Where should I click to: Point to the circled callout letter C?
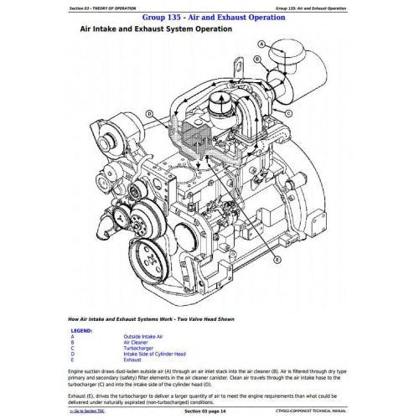click(150, 111)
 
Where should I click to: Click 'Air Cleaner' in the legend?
click(123, 343)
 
